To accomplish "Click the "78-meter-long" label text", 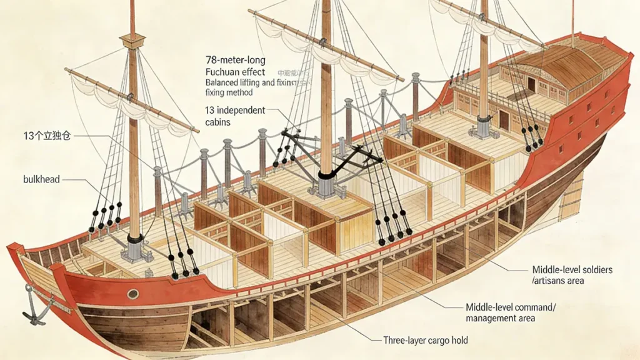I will tap(235, 61).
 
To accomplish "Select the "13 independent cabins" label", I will tap(235, 116).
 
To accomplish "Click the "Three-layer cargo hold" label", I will tap(425, 341).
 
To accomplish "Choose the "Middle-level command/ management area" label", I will tap(511, 313).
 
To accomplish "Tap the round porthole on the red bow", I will tap(133, 294).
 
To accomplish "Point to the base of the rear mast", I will tap(484, 126).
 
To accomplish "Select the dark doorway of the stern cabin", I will tap(504, 120).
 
